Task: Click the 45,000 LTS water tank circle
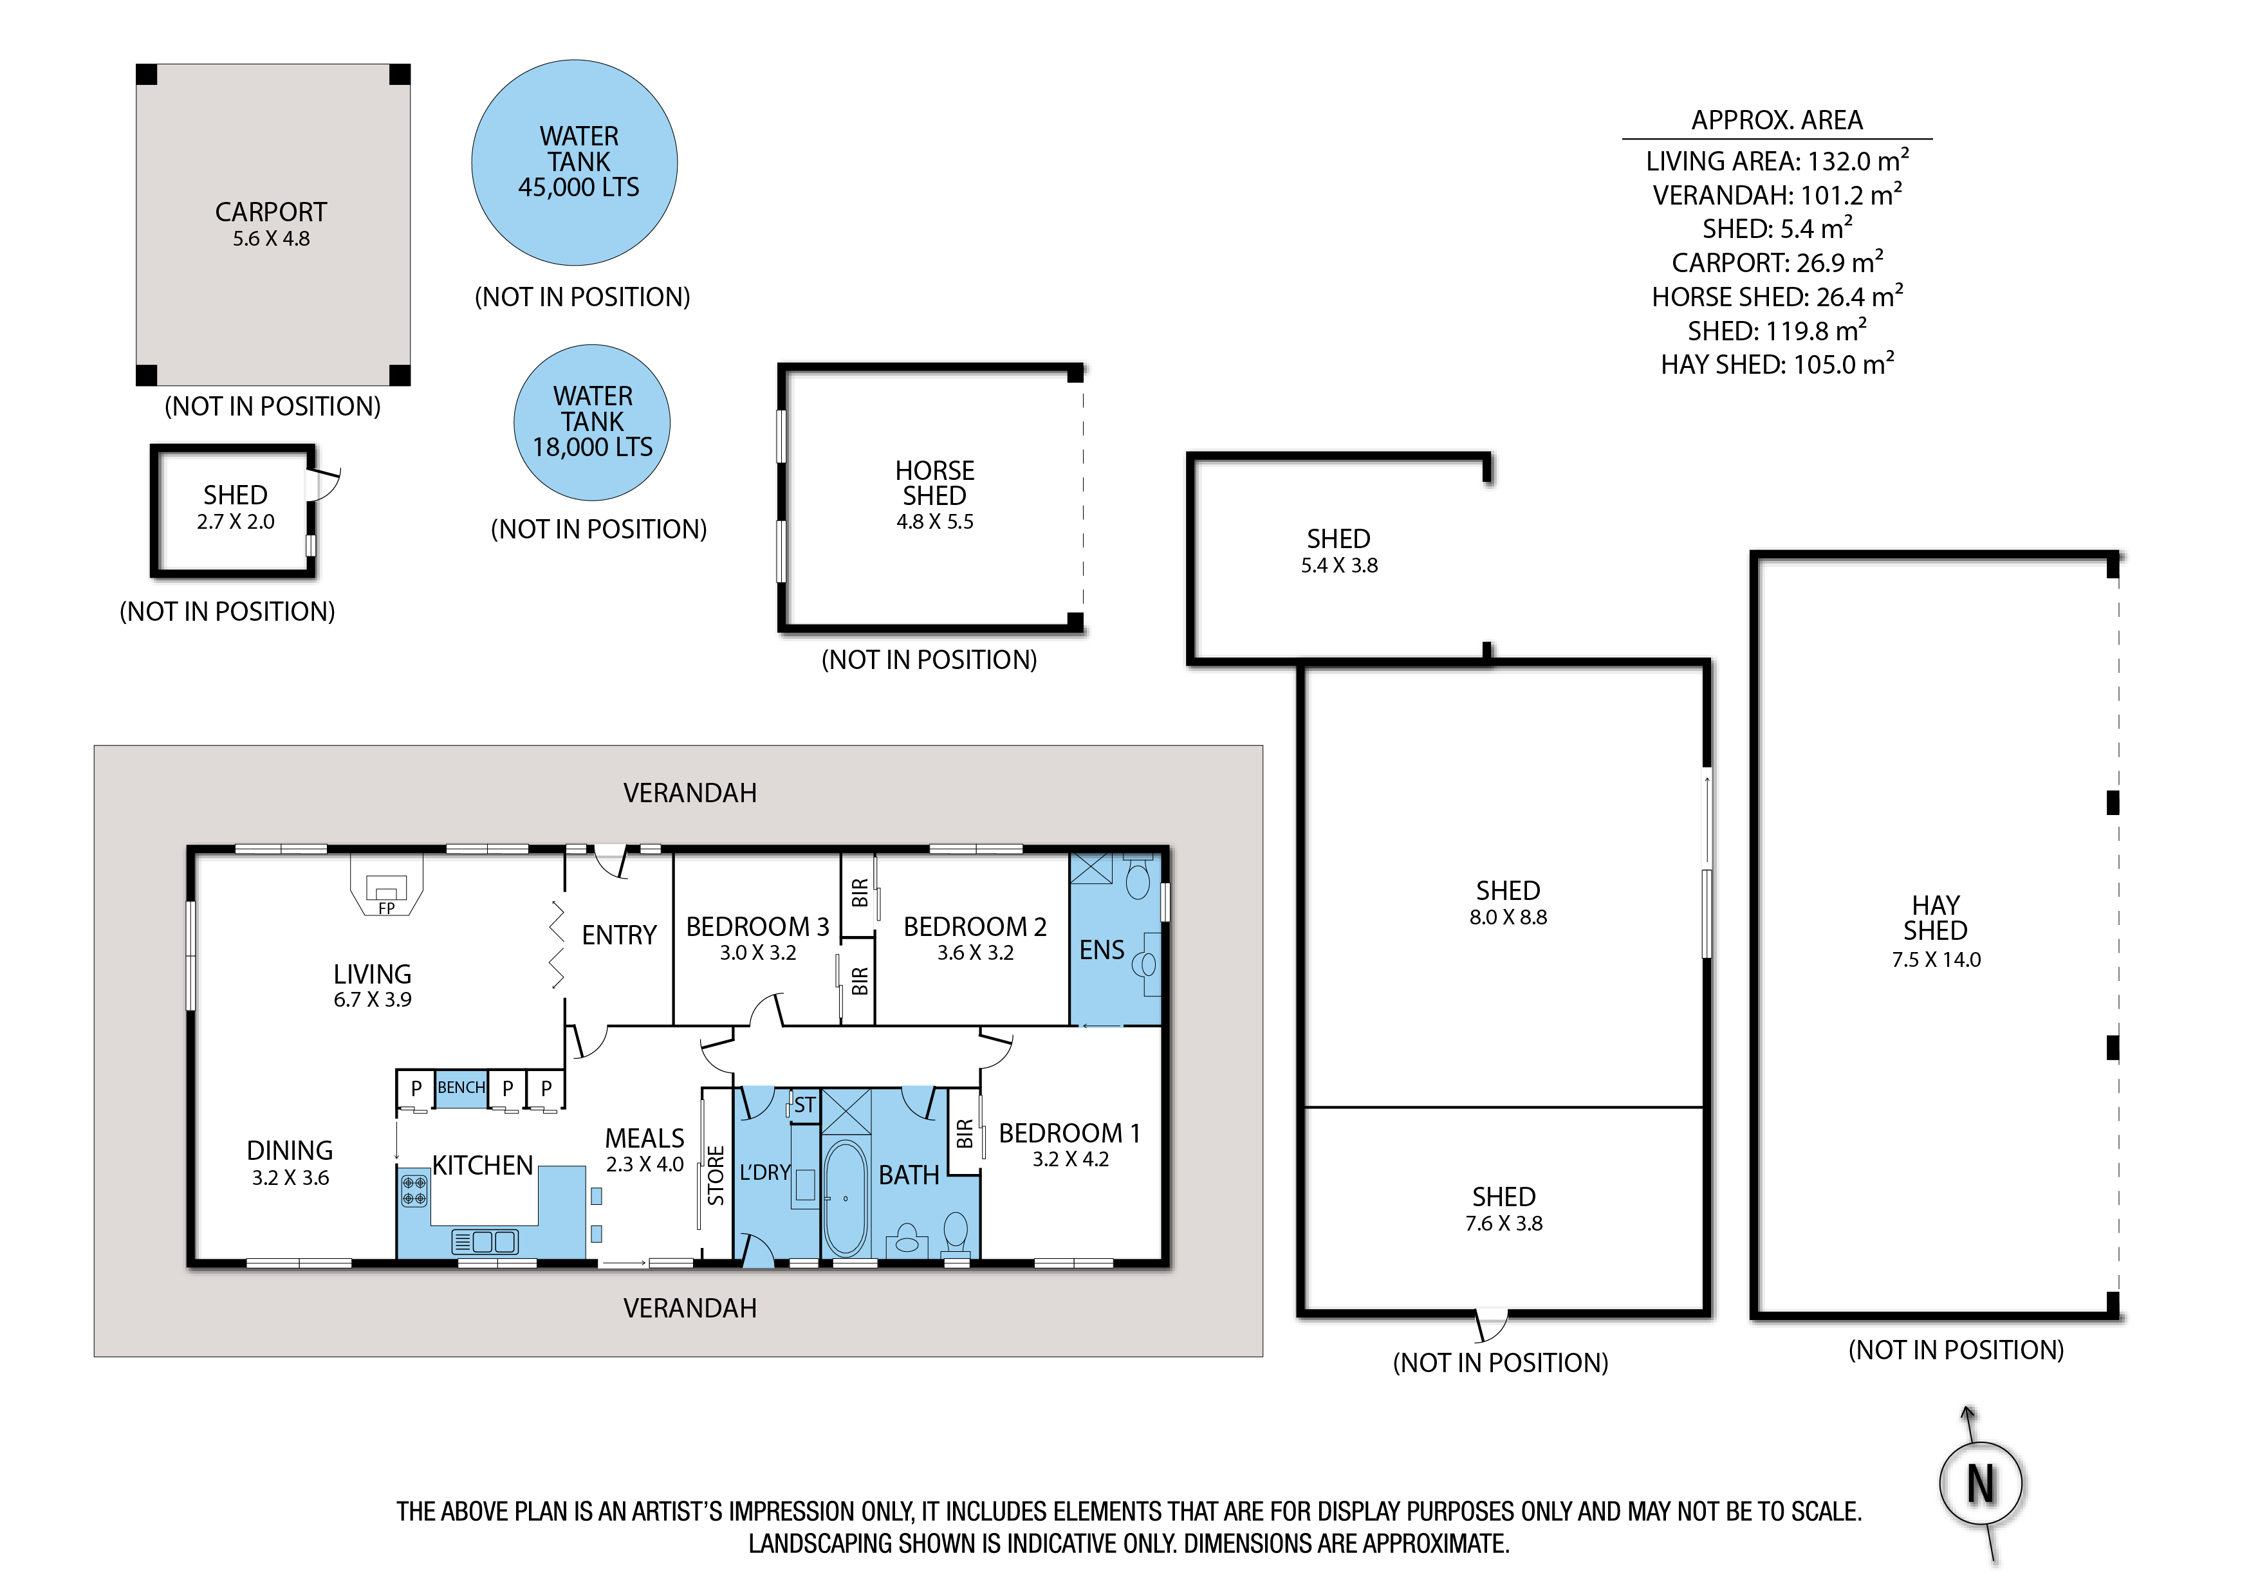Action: [575, 162]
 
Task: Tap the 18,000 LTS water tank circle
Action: [592, 423]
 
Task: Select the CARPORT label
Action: [272, 212]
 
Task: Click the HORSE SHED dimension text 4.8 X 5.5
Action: [935, 522]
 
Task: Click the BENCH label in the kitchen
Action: [461, 1088]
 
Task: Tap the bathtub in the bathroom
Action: [845, 1198]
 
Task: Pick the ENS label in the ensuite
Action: [1102, 950]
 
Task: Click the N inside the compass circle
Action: [1981, 1484]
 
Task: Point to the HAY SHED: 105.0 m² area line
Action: [1777, 364]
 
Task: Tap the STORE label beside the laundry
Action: [716, 1175]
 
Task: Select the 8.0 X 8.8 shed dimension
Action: [1508, 917]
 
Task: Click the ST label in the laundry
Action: [804, 1105]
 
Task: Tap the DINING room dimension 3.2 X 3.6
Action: [290, 1178]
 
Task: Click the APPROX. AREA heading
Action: [1777, 120]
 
